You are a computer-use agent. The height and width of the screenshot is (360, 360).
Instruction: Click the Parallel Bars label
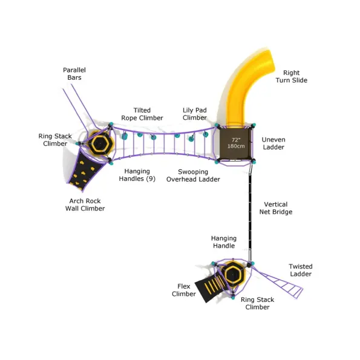point(74,74)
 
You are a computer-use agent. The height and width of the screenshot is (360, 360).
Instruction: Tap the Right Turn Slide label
point(292,76)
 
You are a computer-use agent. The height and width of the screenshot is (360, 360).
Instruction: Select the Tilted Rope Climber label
point(142,114)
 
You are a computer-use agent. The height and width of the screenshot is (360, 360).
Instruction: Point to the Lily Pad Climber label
point(195,114)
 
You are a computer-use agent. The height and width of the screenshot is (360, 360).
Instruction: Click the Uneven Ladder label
point(273,143)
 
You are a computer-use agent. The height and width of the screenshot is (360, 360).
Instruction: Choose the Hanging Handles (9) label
point(137,175)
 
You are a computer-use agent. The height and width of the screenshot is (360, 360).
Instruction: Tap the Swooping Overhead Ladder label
point(193,175)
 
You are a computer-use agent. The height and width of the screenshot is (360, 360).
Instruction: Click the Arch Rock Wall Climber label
point(85,205)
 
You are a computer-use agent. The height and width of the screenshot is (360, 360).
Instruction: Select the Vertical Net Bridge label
point(276,208)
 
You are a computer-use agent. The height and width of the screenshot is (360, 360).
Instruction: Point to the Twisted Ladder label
point(301,270)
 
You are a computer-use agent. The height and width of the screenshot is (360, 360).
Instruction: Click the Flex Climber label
point(184,290)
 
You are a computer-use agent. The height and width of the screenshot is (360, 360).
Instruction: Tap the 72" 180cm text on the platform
point(236,143)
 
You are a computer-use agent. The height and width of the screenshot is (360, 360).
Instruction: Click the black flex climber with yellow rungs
point(210,287)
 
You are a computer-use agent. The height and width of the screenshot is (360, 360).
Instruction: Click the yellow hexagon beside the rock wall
point(100,143)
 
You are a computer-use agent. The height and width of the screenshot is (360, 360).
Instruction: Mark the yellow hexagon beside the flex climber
point(233,273)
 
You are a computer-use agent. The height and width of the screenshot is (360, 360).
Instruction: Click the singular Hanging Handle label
point(224,242)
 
